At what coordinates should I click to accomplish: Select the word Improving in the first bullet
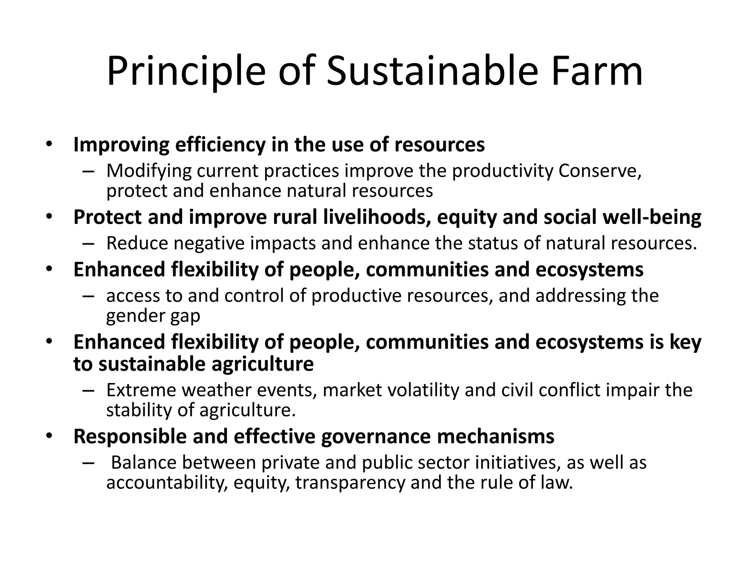coord(121,145)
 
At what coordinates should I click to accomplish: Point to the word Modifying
coord(149,171)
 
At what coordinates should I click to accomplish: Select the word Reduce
coord(137,244)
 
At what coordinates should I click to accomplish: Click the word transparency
coord(350,483)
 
